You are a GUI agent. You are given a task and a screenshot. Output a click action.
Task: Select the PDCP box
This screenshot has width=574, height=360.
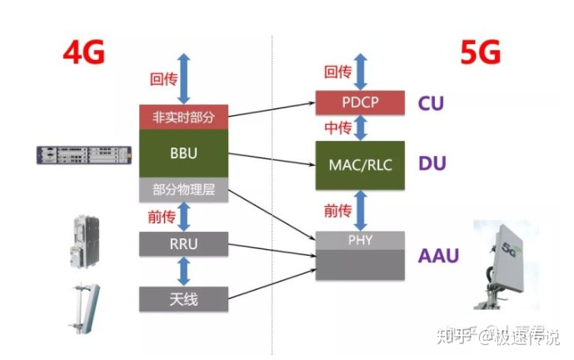coord(361,103)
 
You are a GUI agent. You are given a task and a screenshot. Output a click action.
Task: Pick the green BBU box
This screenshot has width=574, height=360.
coord(183,153)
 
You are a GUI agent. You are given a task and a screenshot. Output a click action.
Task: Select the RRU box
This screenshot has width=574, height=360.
coord(183,245)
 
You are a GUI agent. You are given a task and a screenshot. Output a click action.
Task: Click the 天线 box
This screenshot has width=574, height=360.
coord(183,297)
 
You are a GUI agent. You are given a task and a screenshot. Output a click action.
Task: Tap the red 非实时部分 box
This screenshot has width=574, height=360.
coord(183,117)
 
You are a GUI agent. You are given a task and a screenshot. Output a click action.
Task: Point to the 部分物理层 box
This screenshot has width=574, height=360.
coord(183,190)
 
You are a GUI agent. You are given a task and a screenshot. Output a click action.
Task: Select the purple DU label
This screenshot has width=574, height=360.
coord(432,164)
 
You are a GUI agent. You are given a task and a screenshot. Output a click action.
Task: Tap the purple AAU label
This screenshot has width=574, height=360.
coord(438,255)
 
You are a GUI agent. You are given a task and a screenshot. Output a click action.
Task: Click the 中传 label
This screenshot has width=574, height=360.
coord(336,127)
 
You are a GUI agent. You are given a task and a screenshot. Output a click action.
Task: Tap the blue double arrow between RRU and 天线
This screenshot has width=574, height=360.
coord(183,272)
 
